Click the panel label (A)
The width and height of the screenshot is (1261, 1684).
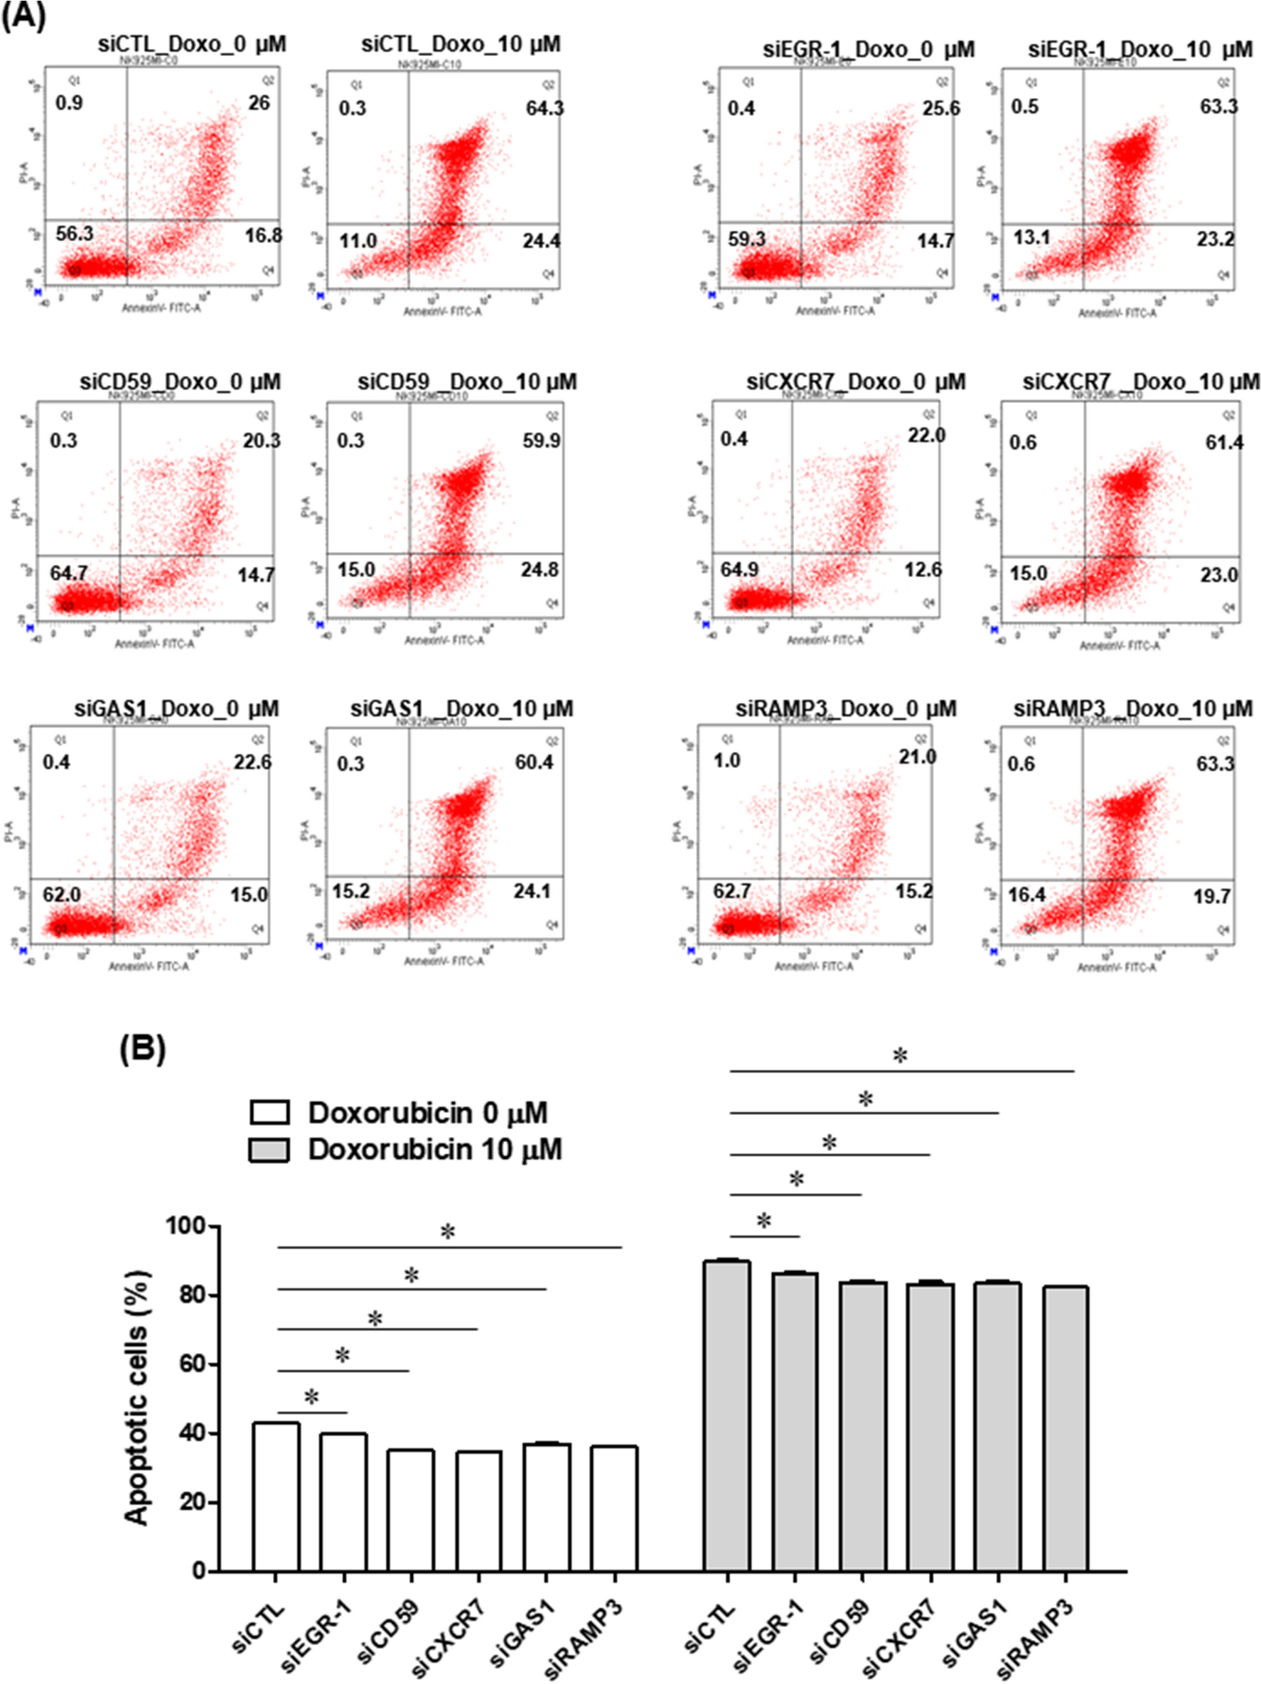point(23,15)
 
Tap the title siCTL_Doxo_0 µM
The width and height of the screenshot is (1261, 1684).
point(192,44)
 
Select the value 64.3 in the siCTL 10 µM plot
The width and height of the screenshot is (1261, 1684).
point(544,108)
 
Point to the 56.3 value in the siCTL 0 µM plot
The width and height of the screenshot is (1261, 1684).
point(75,234)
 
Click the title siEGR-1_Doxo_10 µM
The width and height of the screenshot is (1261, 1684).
point(1140,50)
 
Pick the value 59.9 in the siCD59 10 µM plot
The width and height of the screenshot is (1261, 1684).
point(541,441)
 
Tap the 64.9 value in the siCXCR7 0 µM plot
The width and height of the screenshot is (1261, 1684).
point(739,570)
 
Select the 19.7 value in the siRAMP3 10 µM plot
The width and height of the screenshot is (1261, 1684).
point(1211,897)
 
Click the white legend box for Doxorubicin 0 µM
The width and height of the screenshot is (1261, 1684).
point(269,1113)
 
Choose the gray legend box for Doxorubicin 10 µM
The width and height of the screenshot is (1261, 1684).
point(269,1150)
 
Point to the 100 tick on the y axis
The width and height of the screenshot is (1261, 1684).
point(186,1226)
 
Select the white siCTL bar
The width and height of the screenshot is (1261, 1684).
point(277,1496)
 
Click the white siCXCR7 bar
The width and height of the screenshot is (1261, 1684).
point(478,1511)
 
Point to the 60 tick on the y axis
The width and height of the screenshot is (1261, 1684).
point(193,1364)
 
